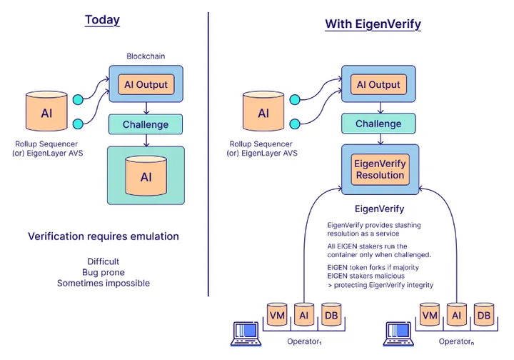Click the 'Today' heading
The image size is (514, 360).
pyautogui.click(x=102, y=20)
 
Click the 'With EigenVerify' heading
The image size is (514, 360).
pyautogui.click(x=373, y=24)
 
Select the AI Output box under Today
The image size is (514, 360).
pyautogui.click(x=146, y=85)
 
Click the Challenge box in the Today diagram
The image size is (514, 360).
pyautogui.click(x=146, y=125)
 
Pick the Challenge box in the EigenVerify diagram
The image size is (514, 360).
pyautogui.click(x=378, y=124)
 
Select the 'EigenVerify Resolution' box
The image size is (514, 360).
pyautogui.click(x=379, y=169)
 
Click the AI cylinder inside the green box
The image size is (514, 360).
pyautogui.click(x=146, y=176)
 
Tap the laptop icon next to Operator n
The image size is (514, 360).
pyautogui.click(x=398, y=334)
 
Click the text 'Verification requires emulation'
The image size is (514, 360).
pyautogui.click(x=104, y=236)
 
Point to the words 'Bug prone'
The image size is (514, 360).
pyautogui.click(x=104, y=272)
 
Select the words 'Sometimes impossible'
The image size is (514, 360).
pyautogui.click(x=104, y=284)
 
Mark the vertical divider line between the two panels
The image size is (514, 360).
pyautogui.click(x=208, y=154)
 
